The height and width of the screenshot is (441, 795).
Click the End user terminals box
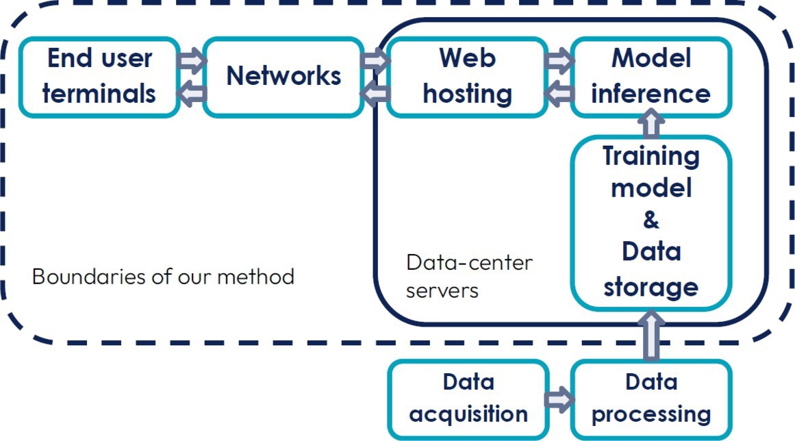(x=99, y=76)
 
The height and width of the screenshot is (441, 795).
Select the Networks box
(x=283, y=76)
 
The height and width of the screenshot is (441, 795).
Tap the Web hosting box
(x=467, y=76)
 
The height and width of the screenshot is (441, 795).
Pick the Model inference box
(x=651, y=76)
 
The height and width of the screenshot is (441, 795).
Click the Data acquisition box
(x=468, y=398)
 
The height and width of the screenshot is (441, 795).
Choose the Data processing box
(x=651, y=398)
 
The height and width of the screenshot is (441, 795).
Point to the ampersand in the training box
(x=651, y=220)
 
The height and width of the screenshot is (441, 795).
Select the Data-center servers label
(x=469, y=276)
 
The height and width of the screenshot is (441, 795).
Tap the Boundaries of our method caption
(x=163, y=277)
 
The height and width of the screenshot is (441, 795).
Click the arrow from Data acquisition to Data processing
(x=559, y=398)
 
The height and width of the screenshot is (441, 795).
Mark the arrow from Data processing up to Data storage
(x=651, y=336)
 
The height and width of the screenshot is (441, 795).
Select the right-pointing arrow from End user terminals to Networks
(x=192, y=62)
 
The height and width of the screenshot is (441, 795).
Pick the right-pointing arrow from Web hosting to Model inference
(x=559, y=62)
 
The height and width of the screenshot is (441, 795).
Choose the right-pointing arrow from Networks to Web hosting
(x=375, y=62)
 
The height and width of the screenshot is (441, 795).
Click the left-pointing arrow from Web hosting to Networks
(x=375, y=93)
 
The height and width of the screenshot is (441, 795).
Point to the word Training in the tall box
(x=651, y=155)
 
